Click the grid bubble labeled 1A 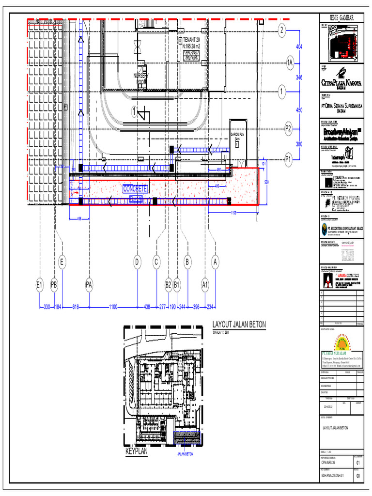290,62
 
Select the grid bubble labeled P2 288,128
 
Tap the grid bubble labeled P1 288,158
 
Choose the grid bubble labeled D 137,262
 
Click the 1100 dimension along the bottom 113,307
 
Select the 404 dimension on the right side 299,46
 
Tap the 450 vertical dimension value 299,110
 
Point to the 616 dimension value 76,307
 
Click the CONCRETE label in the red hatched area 135,188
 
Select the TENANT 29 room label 192,40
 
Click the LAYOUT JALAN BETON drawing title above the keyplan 239,325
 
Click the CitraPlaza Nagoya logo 341,80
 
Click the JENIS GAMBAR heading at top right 341,18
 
